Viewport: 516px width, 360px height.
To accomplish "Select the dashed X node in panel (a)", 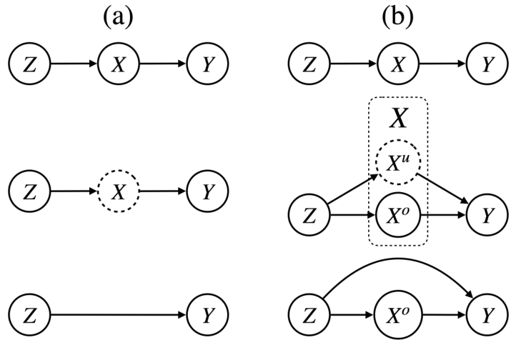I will pos(117,192).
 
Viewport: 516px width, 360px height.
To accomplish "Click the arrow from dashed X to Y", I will pos(163,192).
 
